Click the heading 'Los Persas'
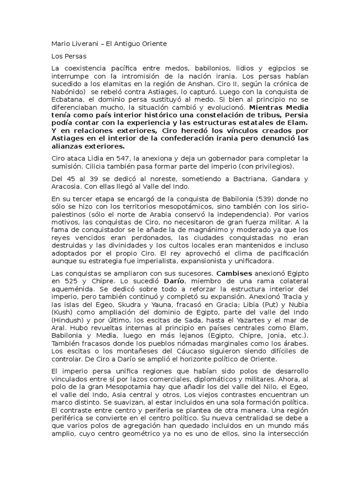66,56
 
